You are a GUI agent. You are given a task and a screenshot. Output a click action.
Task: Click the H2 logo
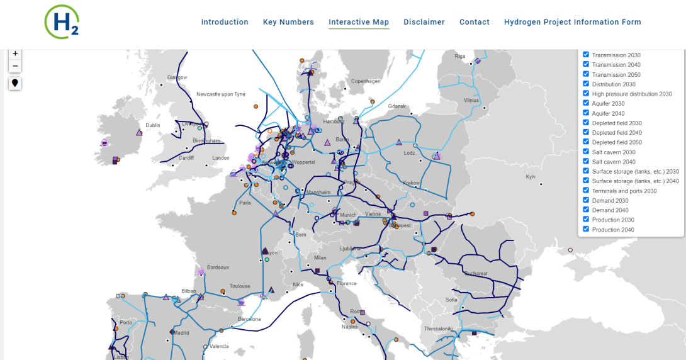(62, 21)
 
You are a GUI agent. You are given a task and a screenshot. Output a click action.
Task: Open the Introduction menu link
(225, 22)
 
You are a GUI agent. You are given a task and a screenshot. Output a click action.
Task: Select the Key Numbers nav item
(288, 22)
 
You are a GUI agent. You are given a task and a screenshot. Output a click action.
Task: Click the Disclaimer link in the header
(424, 22)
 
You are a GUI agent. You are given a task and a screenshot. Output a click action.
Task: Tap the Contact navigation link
(475, 22)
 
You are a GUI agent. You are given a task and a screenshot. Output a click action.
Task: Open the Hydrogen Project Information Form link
(573, 22)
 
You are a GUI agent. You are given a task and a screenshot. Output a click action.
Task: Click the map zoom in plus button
(15, 53)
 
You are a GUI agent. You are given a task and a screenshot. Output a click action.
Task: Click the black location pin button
(15, 83)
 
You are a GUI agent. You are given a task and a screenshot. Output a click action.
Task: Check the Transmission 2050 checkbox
(586, 74)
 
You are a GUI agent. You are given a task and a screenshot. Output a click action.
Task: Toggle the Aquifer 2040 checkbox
(586, 113)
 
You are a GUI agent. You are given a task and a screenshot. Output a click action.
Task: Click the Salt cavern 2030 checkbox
(586, 152)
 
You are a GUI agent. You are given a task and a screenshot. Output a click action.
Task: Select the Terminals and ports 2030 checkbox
(586, 190)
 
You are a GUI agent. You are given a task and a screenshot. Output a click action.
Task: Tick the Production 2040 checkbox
(586, 229)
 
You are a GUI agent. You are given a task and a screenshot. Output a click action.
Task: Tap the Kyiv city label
(531, 177)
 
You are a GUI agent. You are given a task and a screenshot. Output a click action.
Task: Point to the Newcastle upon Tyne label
(220, 94)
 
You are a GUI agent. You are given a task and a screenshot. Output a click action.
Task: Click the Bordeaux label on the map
(218, 267)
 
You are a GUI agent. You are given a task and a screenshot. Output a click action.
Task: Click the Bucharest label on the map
(476, 274)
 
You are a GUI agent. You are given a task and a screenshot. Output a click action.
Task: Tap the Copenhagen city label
(366, 81)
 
